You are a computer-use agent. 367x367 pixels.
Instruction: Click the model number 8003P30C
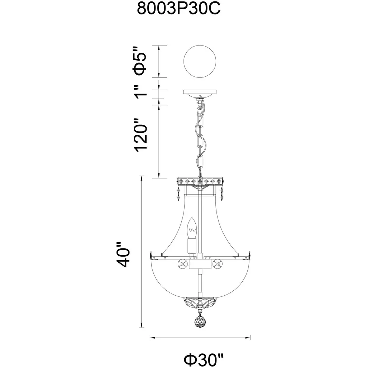[178, 9]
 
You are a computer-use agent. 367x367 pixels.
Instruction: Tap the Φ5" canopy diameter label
[140, 61]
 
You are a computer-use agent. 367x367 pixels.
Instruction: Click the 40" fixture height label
[123, 254]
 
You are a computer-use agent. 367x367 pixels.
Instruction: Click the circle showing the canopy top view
[200, 61]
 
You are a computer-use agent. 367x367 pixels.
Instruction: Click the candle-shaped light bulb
[192, 228]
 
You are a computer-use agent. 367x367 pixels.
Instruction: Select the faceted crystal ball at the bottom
[200, 321]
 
